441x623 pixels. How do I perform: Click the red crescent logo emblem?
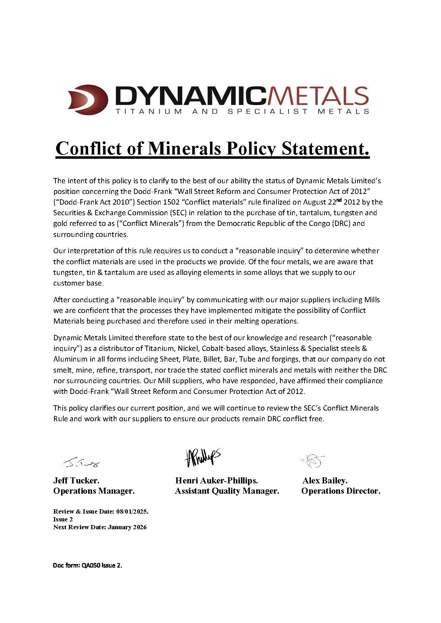point(88,99)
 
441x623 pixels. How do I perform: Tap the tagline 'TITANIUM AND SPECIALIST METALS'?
point(242,112)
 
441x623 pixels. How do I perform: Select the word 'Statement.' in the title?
point(326,148)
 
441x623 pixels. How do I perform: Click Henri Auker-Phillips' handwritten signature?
point(202,457)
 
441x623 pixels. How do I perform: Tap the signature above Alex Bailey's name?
point(313,461)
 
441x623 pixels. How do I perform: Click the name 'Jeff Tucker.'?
point(76,481)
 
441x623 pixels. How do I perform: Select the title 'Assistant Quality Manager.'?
point(227,491)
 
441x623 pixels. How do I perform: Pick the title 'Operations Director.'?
point(341,491)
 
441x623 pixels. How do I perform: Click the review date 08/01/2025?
point(131,512)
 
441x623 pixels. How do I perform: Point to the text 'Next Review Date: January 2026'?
point(100,527)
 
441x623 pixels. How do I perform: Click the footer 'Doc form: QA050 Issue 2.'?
point(87,565)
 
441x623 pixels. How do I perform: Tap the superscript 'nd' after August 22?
point(339,200)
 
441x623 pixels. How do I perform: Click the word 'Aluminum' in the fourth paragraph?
point(70,359)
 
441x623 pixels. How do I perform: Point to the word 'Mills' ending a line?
point(372,300)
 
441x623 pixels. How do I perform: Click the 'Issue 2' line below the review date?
point(63,519)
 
